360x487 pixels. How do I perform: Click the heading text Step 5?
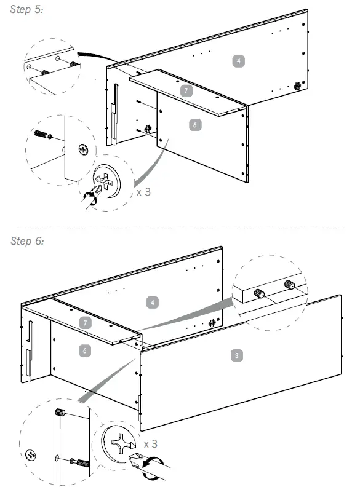(26, 9)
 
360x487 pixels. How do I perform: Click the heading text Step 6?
(27, 241)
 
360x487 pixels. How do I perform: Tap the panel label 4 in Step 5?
(238, 61)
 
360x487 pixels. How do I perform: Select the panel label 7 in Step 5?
(186, 90)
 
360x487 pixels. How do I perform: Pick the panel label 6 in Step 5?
(195, 125)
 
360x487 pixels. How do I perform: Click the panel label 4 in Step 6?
(153, 302)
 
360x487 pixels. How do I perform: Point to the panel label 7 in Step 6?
(86, 323)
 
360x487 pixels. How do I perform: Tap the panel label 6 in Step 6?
(84, 350)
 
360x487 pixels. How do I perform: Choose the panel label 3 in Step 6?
(236, 355)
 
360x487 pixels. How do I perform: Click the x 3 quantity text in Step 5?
(143, 192)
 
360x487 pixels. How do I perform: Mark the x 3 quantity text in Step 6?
(151, 444)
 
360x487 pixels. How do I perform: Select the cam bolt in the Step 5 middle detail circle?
(43, 135)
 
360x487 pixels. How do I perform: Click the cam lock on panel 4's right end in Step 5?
(297, 85)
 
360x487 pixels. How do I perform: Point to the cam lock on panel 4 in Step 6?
(212, 323)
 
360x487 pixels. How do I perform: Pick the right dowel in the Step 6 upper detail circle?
(289, 285)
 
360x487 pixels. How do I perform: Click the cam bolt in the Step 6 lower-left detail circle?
(80, 462)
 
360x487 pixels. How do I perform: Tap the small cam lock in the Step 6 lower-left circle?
(31, 455)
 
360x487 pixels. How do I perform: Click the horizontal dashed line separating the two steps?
(181, 228)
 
